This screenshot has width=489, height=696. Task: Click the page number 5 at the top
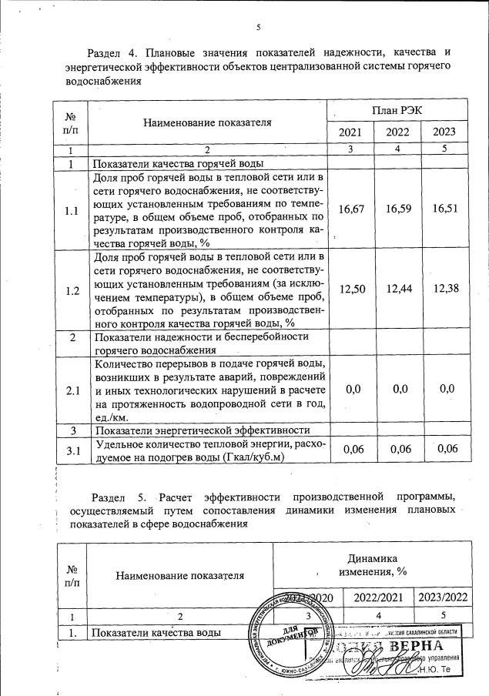[x=259, y=28]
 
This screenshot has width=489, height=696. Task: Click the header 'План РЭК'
[x=397, y=111]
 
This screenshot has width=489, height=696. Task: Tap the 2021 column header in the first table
[x=352, y=132]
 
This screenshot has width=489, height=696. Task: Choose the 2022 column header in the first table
[x=398, y=132]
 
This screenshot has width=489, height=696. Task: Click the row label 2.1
[x=71, y=391]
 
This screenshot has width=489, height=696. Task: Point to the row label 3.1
[x=71, y=450]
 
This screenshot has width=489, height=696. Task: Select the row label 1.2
[x=71, y=291]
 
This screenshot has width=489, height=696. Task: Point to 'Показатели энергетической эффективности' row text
[x=201, y=430]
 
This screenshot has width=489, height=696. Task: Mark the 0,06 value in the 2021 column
[x=352, y=449]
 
